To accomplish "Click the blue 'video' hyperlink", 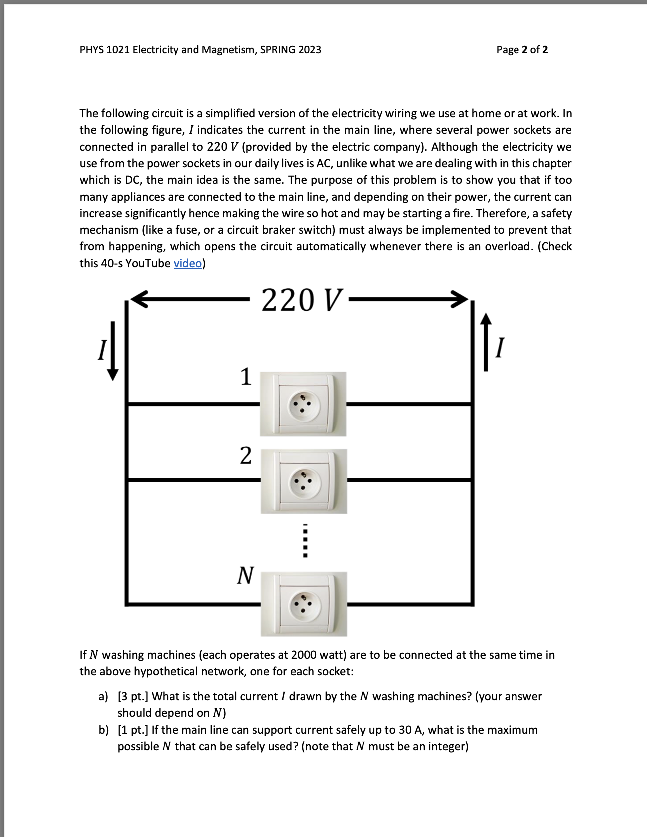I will [187, 263].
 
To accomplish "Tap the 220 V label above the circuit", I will [301, 300].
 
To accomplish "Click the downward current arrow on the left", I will [113, 351].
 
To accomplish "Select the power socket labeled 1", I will [303, 404].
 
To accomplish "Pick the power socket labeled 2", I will [303, 481].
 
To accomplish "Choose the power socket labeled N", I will [303, 604].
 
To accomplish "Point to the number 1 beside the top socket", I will [246, 377].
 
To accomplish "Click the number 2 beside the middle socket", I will [246, 455].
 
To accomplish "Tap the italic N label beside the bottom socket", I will [245, 575].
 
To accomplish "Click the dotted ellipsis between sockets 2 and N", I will [306, 541].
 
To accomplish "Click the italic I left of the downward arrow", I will [102, 350].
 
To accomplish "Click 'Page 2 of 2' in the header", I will [522, 50].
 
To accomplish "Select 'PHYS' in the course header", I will [91, 50].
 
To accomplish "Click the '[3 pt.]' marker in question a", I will [133, 696].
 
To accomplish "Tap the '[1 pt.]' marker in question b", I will [133, 730].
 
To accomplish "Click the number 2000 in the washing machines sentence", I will [303, 655].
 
